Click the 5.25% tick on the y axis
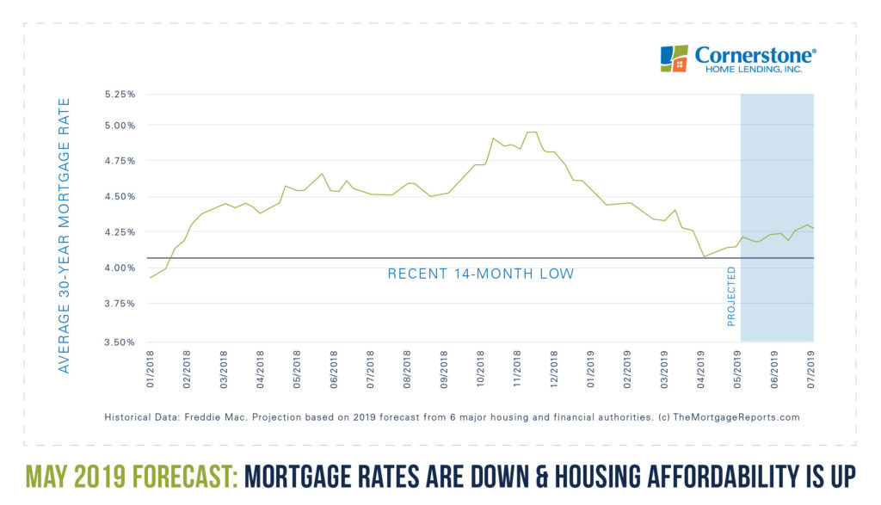[120, 95]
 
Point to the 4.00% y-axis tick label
[120, 268]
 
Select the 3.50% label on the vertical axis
[120, 342]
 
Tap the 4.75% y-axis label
[120, 161]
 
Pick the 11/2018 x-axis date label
[518, 367]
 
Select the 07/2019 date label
[811, 367]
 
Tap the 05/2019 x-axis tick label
[738, 367]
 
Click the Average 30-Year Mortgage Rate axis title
[64, 234]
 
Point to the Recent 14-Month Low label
[480, 274]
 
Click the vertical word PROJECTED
[731, 296]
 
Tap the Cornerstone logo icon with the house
[674, 59]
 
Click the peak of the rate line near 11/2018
[532, 132]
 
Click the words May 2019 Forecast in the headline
[132, 475]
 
